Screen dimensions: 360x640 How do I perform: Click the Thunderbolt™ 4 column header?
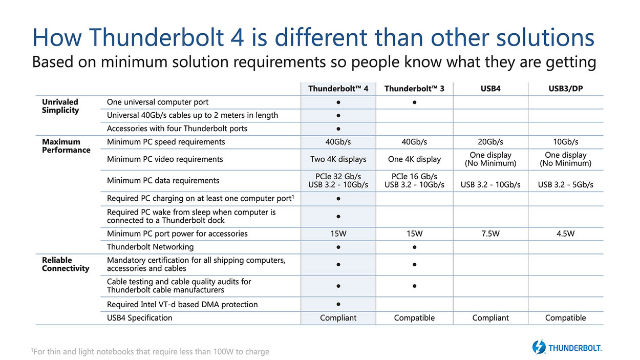coord(338,89)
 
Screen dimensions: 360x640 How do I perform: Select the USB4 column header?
coord(490,89)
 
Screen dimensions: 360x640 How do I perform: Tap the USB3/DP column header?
coord(565,89)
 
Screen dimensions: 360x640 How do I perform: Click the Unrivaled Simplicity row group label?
coord(60,106)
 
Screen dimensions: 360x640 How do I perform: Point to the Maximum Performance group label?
coord(66,146)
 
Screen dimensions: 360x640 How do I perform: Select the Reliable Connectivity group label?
coord(66,264)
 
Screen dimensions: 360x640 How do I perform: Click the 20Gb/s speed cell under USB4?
coord(490,142)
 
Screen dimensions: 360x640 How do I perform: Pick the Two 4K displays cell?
coord(338,159)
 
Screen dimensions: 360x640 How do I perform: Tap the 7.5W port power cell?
coord(490,234)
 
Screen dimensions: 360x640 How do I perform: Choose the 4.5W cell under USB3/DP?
coord(565,234)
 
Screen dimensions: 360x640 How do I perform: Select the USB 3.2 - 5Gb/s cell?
coord(565,184)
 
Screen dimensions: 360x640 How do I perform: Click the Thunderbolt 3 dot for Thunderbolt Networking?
coord(414,247)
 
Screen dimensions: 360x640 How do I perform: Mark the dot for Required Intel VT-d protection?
coord(338,304)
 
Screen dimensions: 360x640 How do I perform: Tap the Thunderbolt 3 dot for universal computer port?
coord(414,102)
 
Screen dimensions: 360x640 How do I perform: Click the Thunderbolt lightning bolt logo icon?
coord(539,347)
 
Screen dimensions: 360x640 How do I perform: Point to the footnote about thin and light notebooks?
coord(150,352)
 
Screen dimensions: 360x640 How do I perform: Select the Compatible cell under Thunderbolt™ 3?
coord(414,318)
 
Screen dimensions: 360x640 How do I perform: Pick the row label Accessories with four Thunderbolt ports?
coord(177,129)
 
